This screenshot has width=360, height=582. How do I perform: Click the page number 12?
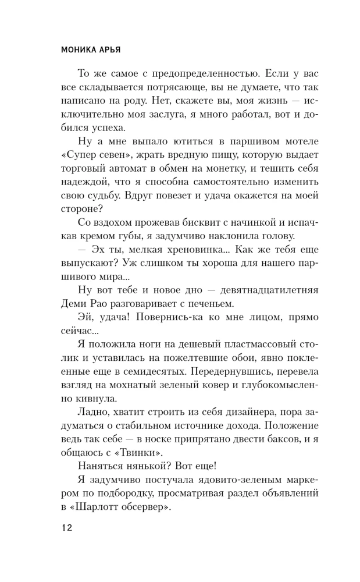click(66, 528)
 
